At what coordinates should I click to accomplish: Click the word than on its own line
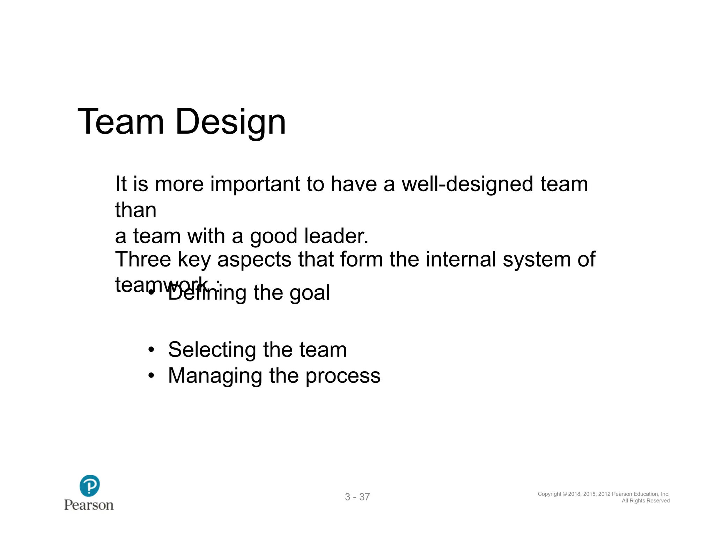coord(135,210)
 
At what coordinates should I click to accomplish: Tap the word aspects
coord(254,260)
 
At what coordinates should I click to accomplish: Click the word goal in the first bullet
coord(309,293)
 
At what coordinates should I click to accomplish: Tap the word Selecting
coord(212,350)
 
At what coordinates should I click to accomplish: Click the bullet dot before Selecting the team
coord(151,350)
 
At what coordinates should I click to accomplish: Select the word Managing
coord(215,376)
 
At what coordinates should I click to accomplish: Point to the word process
coord(342,376)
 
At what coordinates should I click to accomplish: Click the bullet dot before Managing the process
coord(151,376)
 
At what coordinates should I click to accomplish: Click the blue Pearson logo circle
coord(89,485)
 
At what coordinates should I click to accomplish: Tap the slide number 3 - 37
coord(357,497)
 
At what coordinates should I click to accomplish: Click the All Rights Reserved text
coord(646,501)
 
